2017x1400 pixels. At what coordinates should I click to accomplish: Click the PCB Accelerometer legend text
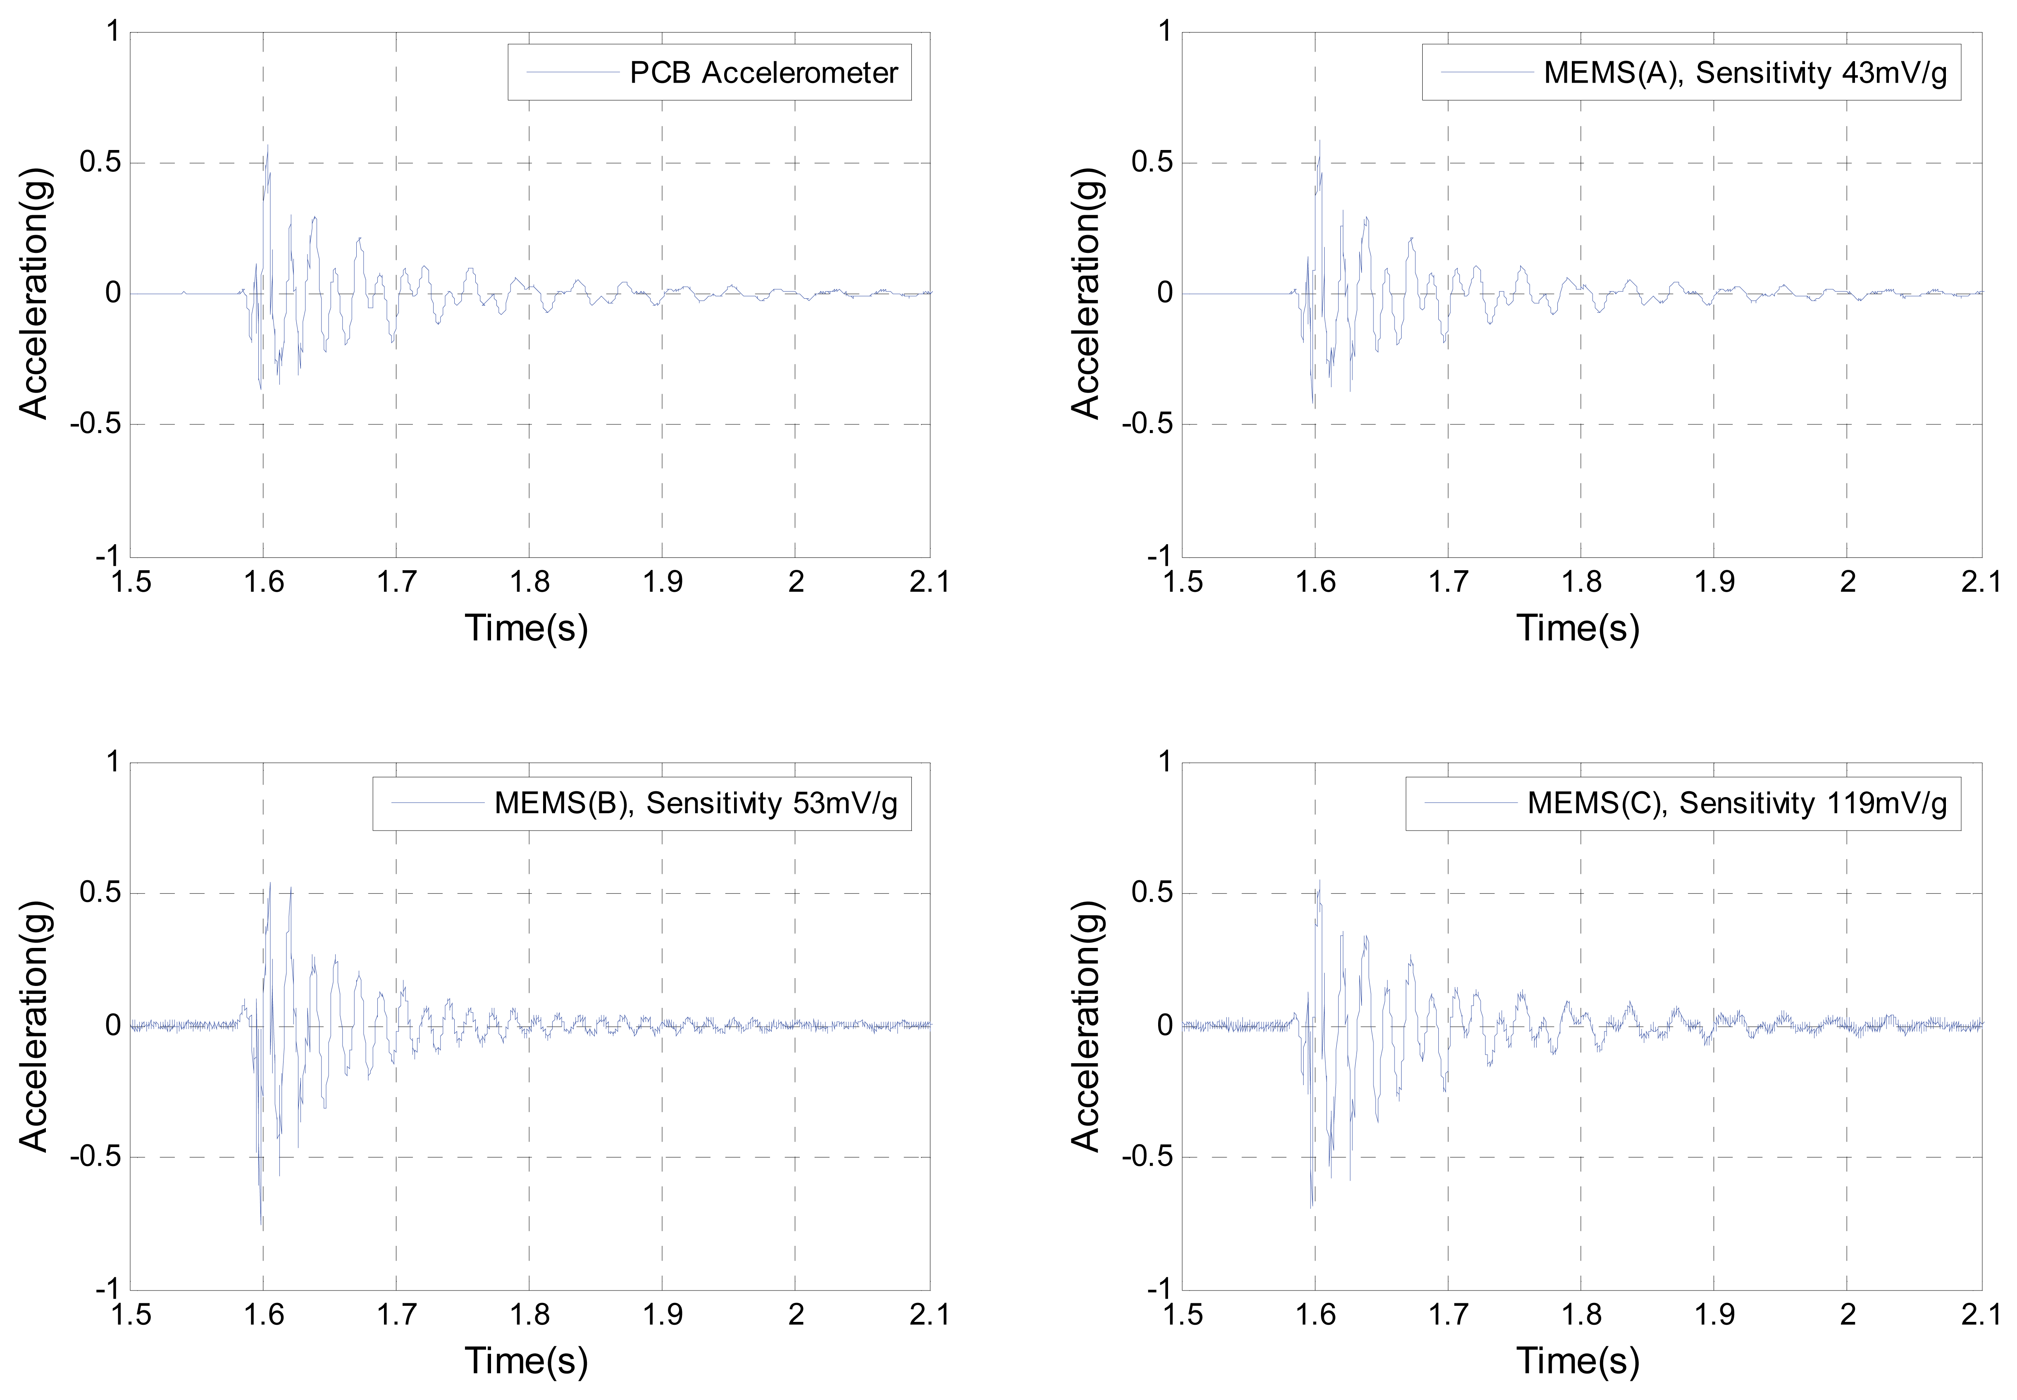763,73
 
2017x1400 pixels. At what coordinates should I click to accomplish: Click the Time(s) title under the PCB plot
527,628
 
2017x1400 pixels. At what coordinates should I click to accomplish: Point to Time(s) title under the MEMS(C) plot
1578,1360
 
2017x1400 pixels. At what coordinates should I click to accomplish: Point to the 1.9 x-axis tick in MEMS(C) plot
1714,1314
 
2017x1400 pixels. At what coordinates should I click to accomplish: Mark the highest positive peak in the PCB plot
267,145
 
